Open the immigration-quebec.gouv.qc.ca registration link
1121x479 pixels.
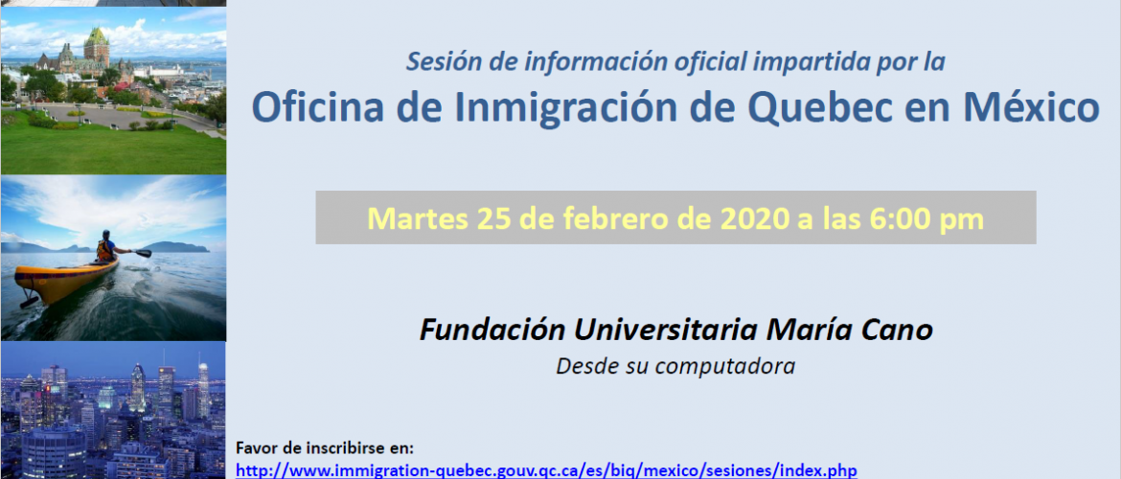pos(546,470)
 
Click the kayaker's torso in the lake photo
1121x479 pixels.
pos(106,249)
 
